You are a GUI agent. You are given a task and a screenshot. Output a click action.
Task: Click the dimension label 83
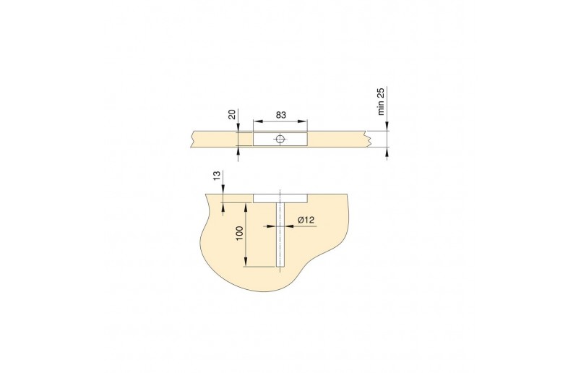[x=281, y=115]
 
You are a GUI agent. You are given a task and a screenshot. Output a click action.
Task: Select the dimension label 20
[x=232, y=113]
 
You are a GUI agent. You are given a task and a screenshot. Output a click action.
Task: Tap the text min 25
[x=381, y=101]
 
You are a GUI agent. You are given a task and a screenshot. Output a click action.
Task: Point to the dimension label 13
[x=217, y=175]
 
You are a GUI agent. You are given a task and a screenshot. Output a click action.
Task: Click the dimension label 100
[x=239, y=233]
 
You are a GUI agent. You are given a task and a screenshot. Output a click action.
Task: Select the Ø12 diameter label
[x=306, y=220]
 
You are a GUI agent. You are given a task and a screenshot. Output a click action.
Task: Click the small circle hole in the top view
[x=280, y=140]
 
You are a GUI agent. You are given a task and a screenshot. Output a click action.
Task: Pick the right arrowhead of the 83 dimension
[x=303, y=121]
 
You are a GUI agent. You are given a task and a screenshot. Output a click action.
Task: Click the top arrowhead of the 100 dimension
[x=245, y=207]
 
